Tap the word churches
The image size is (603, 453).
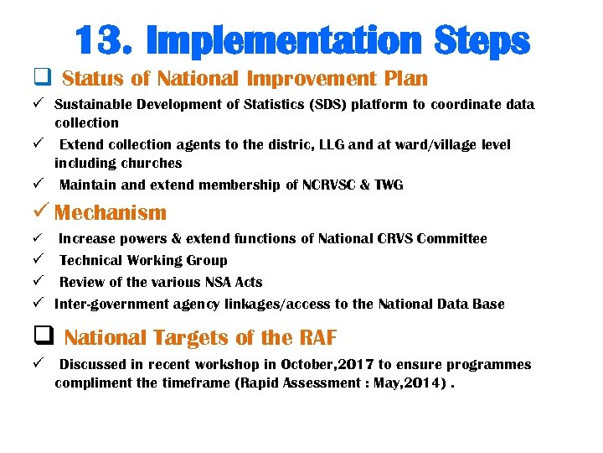(x=151, y=163)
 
